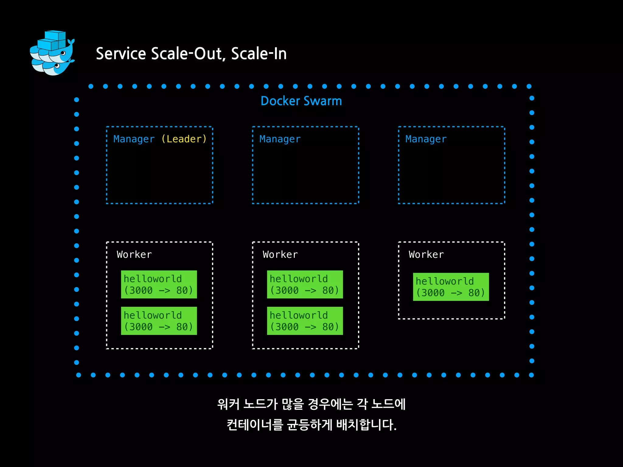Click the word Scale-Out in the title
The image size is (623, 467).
point(188,54)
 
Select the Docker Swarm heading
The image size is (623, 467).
point(301,101)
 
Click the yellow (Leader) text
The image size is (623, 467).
point(184,139)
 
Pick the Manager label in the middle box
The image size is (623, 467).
point(280,139)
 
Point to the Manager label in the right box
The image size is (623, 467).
point(426,139)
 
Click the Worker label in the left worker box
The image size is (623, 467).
point(134,254)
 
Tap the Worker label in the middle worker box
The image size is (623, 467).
point(280,254)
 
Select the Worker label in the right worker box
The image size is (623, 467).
point(426,254)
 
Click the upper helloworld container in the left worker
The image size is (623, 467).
point(159,284)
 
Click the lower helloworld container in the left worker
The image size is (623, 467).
point(159,321)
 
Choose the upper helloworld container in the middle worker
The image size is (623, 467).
point(305,284)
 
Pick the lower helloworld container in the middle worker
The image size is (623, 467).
point(305,321)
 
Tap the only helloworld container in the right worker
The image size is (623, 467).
point(451,287)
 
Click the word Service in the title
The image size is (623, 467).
point(121,54)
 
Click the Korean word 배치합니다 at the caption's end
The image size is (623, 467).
point(366,425)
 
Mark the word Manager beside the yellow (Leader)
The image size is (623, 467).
point(134,139)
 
